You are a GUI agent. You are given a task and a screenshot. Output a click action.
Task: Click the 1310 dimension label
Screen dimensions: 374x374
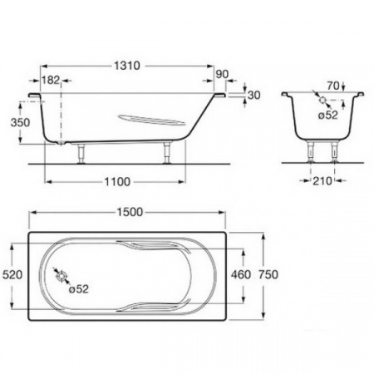pyautogui.click(x=127, y=66)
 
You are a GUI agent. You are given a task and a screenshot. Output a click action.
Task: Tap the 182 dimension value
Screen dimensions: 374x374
pyautogui.click(x=51, y=81)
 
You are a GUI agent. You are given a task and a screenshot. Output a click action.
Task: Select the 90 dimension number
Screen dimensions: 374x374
pyautogui.click(x=222, y=74)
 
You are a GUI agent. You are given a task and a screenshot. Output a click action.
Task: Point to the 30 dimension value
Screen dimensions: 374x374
pyautogui.click(x=254, y=95)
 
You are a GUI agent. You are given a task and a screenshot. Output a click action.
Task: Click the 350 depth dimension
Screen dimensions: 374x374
pyautogui.click(x=20, y=122)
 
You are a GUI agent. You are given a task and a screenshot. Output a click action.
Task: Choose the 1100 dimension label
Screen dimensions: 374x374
pyautogui.click(x=117, y=182)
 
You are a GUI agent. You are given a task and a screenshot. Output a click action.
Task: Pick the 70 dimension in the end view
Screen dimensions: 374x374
pyautogui.click(x=333, y=86)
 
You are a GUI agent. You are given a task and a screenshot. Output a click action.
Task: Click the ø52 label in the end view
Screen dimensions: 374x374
pyautogui.click(x=328, y=115)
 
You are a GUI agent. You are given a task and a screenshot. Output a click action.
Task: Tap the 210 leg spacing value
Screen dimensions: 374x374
pyautogui.click(x=322, y=181)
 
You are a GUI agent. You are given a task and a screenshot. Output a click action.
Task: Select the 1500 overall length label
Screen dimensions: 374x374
pyautogui.click(x=130, y=212)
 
